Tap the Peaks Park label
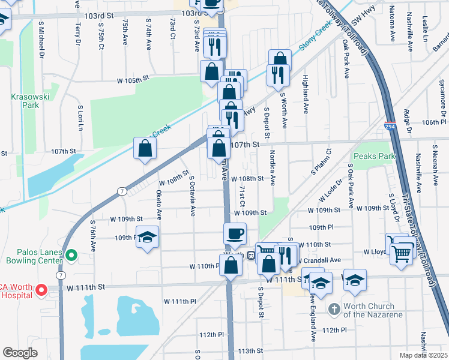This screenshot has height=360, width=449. coord(374,156)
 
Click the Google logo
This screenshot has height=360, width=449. coord(20,353)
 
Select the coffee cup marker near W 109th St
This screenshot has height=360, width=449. coord(235,233)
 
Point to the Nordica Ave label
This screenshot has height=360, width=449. coord(272,167)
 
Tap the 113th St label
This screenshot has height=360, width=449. coord(251,351)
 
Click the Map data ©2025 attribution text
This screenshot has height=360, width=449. coord(423,355)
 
